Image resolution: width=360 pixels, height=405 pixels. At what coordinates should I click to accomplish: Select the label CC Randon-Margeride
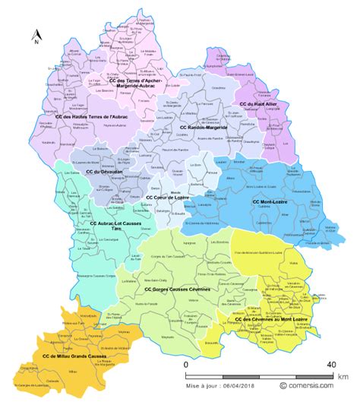point(204,128)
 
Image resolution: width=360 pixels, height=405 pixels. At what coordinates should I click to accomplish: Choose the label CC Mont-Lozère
point(273,202)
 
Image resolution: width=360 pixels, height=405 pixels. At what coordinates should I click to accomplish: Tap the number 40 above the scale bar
point(331,365)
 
